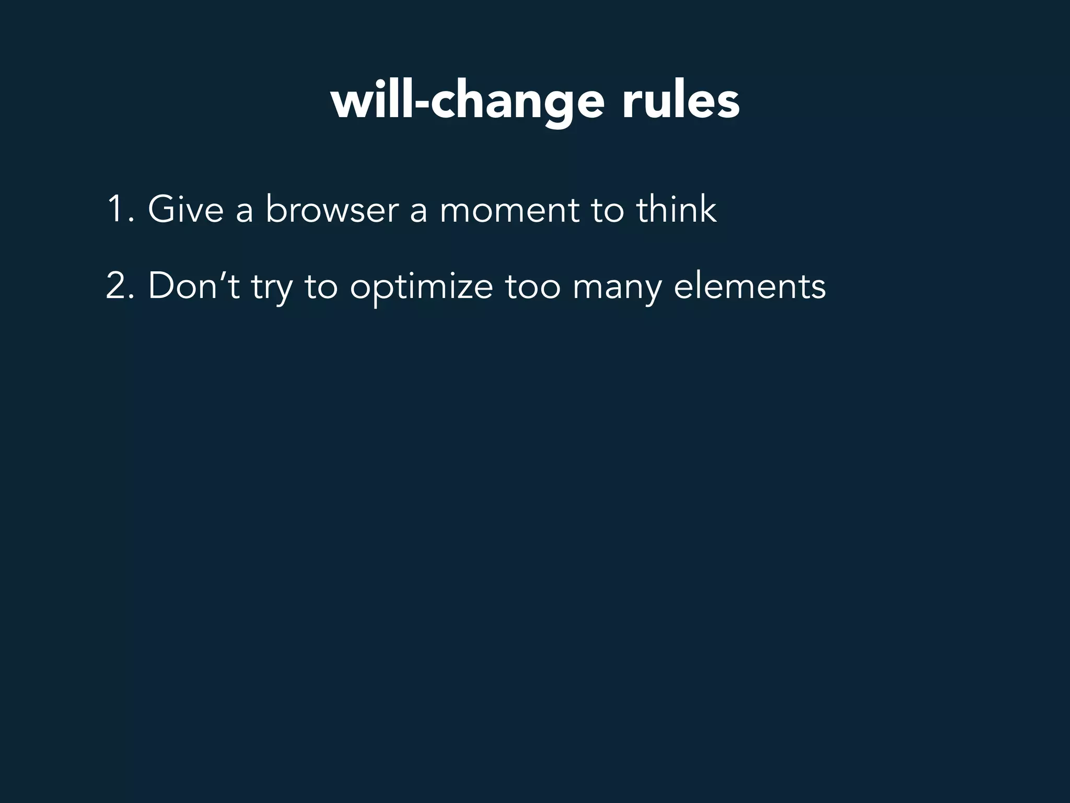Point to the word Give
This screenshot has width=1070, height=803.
(185, 209)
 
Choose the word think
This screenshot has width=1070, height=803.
(676, 209)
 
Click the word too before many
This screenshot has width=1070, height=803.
(532, 288)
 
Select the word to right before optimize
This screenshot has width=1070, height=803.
(321, 288)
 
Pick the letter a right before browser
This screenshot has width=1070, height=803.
(245, 211)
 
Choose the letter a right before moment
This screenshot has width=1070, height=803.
(418, 211)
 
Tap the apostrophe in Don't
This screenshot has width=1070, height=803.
(225, 275)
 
